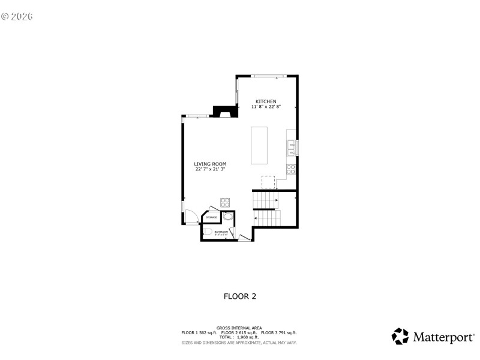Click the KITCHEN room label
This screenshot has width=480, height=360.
pos(266,101)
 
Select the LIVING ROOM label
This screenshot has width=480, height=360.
pos(210,164)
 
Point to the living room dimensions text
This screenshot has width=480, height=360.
pos(210,169)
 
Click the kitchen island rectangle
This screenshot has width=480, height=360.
pos(259,145)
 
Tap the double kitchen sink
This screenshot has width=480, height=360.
pos(292,148)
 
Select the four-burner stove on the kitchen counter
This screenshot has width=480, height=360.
pos(291,169)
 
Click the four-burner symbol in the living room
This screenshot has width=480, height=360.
pos(226,202)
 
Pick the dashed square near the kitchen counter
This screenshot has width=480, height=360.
pos(268,181)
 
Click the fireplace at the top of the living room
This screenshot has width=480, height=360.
pos(226,112)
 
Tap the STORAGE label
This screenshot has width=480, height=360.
pos(212,217)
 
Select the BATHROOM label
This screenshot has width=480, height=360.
pos(221,231)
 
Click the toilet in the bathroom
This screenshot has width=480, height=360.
pos(208,232)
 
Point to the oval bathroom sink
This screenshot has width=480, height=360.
pos(227,217)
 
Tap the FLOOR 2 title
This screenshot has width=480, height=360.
pos(240,296)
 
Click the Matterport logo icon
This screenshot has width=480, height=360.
pos(400,336)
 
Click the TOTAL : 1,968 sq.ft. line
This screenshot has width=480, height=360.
pos(240,337)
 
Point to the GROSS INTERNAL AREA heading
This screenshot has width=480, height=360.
pos(240,328)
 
